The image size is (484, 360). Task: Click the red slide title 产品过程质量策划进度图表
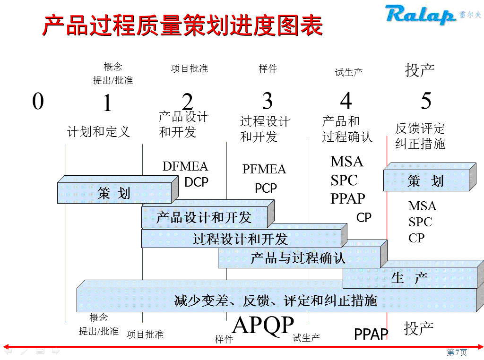click(x=182, y=26)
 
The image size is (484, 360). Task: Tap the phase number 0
click(x=38, y=101)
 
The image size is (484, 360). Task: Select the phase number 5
click(x=426, y=101)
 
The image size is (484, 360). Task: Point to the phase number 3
click(x=268, y=101)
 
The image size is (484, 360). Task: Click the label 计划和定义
click(x=98, y=131)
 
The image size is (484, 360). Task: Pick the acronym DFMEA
click(x=185, y=166)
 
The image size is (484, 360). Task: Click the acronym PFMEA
click(x=264, y=169)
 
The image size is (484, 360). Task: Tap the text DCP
click(x=196, y=182)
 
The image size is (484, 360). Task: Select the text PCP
click(x=266, y=189)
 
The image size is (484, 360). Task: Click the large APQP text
click(x=263, y=326)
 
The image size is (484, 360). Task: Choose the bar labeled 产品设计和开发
click(x=204, y=218)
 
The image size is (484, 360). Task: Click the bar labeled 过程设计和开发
click(x=240, y=239)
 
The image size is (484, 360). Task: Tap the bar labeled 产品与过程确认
click(x=298, y=258)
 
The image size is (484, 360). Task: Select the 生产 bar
click(x=409, y=278)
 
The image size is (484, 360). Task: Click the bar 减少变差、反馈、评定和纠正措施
click(x=276, y=300)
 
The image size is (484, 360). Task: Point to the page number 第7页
click(x=457, y=352)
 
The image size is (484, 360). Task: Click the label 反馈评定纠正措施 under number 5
click(x=420, y=136)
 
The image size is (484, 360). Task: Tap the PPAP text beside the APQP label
click(x=371, y=334)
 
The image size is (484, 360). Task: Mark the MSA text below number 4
click(x=347, y=162)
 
